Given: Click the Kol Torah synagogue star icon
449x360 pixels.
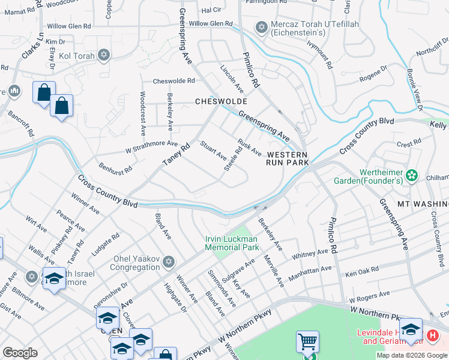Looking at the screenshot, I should [x=104, y=55].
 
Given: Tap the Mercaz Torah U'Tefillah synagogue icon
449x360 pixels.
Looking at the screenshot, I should [x=261, y=27].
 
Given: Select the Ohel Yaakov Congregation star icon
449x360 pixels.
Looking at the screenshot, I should [x=169, y=262].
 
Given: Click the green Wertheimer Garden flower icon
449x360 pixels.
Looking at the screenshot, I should [x=412, y=175].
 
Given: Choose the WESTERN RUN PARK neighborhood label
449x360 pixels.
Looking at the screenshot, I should [x=288, y=158].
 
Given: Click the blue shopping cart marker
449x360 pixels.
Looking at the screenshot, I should [x=307, y=342].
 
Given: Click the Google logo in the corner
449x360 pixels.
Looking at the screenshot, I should [x=20, y=353].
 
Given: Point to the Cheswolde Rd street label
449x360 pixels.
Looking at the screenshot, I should [x=174, y=80].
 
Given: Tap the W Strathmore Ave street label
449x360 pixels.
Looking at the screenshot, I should [x=151, y=146].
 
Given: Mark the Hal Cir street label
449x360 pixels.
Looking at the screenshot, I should [x=211, y=10].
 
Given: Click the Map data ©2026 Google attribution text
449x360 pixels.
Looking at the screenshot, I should [x=412, y=355].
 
